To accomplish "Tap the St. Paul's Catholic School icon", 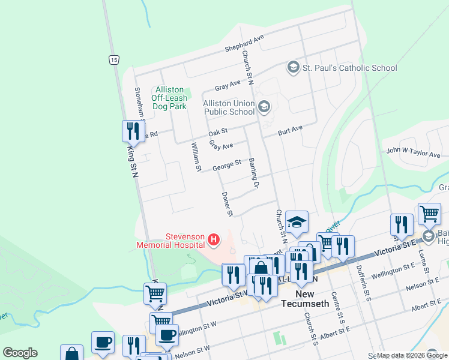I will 293,67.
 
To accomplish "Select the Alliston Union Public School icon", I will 264,107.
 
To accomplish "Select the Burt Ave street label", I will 290,130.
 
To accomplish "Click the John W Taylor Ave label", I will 413,154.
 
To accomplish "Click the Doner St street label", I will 227,204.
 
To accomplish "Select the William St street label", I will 195,156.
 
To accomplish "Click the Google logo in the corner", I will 20,353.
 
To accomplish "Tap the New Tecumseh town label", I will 306,303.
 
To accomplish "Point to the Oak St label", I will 218,132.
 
